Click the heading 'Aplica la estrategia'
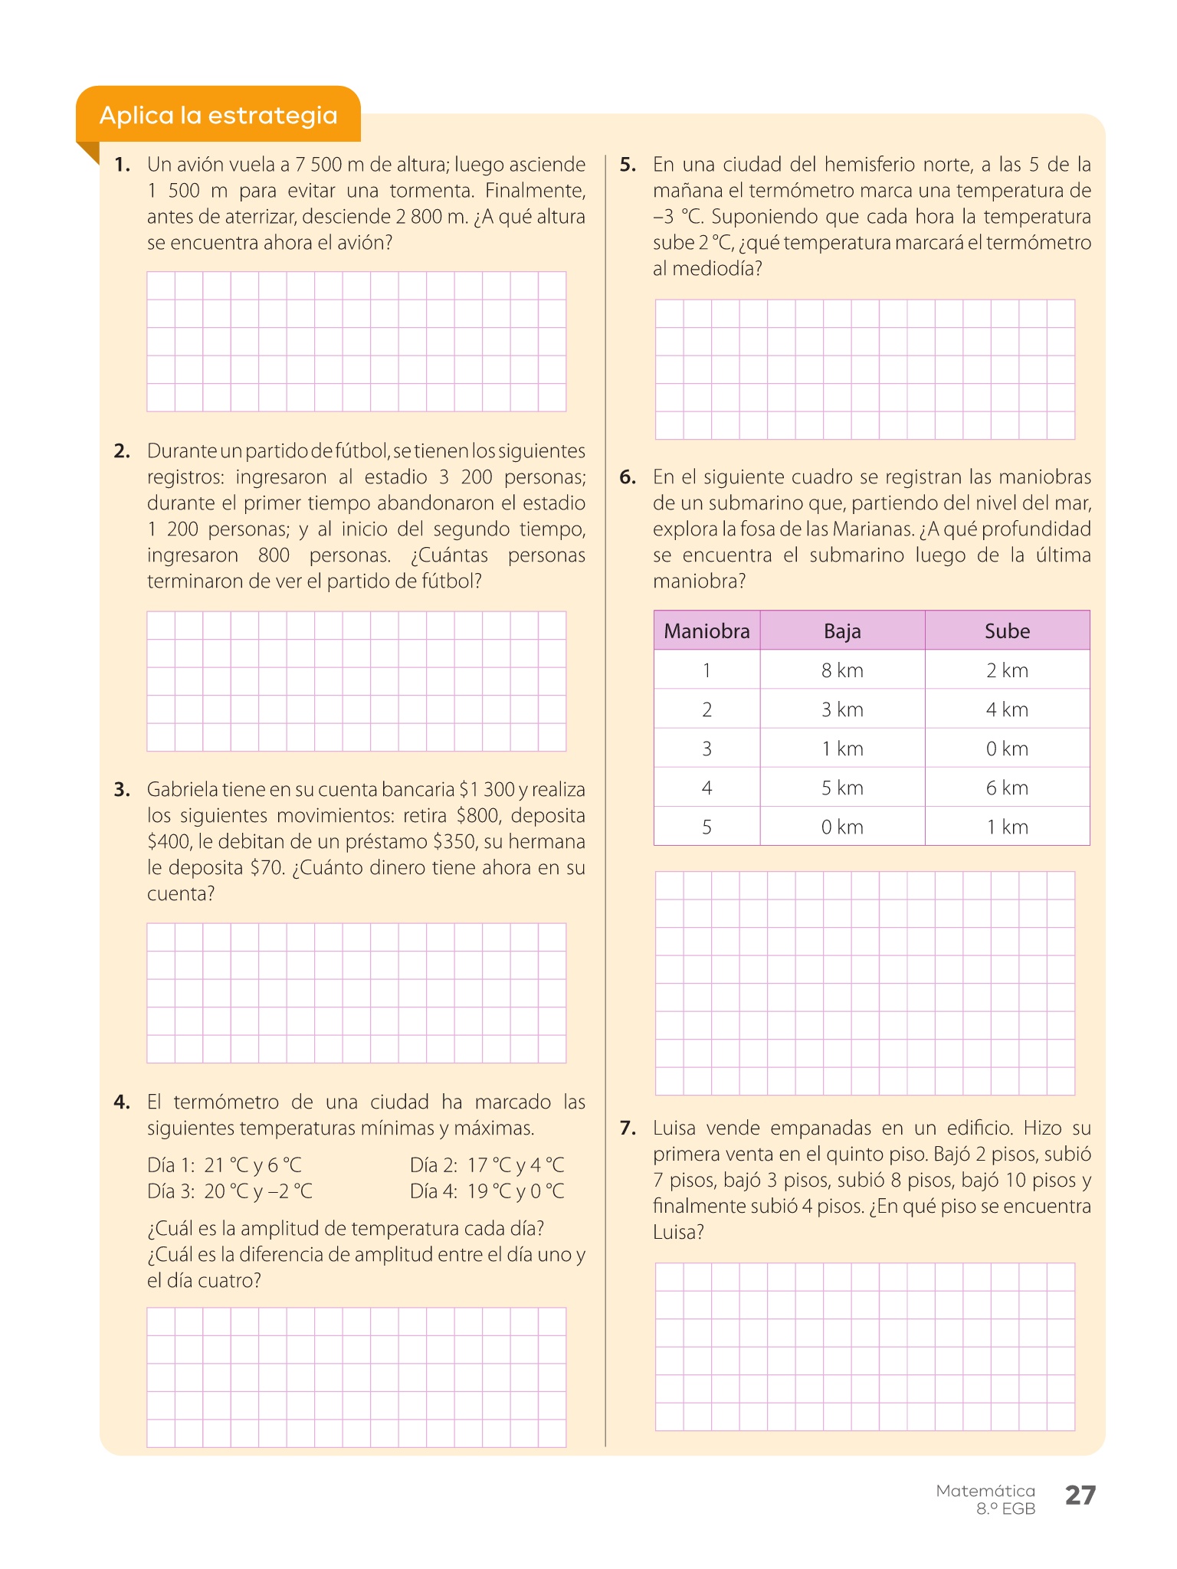click(218, 116)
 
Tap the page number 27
click(1080, 1495)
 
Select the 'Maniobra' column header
click(707, 631)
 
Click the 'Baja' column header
click(842, 631)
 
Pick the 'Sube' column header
click(1007, 631)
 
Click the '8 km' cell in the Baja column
click(842, 670)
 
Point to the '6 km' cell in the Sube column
click(1007, 788)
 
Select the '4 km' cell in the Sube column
click(1007, 709)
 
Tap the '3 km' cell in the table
click(842, 709)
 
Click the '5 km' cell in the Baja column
click(842, 788)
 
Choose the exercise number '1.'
click(123, 165)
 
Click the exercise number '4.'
click(123, 1102)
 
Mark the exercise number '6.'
click(628, 477)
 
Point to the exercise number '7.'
click(628, 1128)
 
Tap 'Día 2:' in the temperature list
click(434, 1165)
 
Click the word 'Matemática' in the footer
click(985, 1491)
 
